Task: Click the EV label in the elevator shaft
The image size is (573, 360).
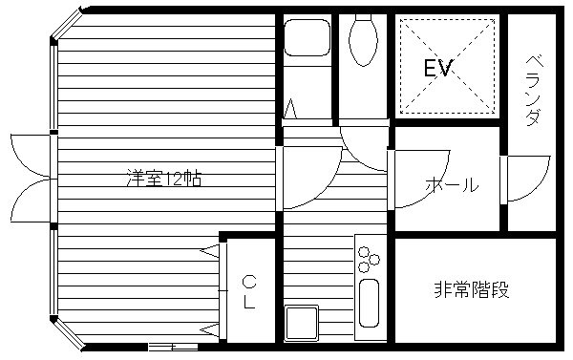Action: pyautogui.click(x=438, y=68)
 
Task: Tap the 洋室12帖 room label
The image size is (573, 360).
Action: pyautogui.click(x=164, y=178)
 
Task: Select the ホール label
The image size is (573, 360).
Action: pyautogui.click(x=452, y=185)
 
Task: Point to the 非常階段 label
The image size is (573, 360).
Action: pyautogui.click(x=472, y=290)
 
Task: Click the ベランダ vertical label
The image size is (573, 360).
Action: pyautogui.click(x=534, y=91)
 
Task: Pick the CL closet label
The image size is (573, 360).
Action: pyautogui.click(x=249, y=292)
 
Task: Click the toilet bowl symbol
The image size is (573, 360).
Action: pyautogui.click(x=363, y=40)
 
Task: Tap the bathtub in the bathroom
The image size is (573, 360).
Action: pyautogui.click(x=307, y=37)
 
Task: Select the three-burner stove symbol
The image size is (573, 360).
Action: pyautogui.click(x=368, y=260)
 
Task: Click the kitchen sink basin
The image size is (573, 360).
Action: pyautogui.click(x=369, y=303)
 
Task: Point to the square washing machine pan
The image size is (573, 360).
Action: pyautogui.click(x=302, y=323)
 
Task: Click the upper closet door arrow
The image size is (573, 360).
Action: pyautogui.click(x=210, y=251)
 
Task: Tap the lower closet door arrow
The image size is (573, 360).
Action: pyautogui.click(x=210, y=330)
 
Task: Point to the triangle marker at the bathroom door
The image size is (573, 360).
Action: pyautogui.click(x=290, y=109)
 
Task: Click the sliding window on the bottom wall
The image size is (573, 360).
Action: pyautogui.click(x=173, y=347)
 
